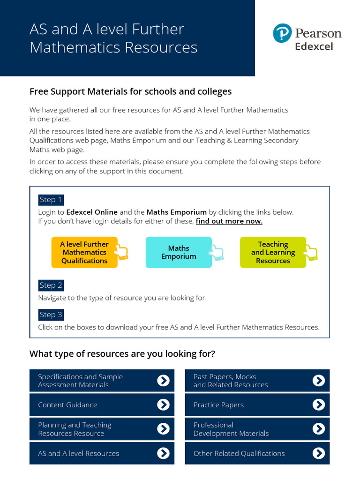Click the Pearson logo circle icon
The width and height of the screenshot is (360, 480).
point(283,34)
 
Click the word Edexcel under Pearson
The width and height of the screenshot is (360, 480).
point(314,46)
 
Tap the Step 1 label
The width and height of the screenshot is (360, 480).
point(51,200)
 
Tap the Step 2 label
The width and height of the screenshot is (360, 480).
point(51,285)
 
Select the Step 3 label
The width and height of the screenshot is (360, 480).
point(51,315)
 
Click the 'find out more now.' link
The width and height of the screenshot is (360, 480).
point(229,221)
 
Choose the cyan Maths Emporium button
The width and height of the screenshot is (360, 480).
point(178,252)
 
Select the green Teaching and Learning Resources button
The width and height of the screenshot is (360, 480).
point(273,252)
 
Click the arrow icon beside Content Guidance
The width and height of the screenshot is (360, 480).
point(163,405)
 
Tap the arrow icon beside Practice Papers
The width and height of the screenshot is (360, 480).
point(318,405)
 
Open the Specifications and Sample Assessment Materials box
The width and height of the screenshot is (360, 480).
point(102,381)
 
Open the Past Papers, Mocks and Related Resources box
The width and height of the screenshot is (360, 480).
point(257,381)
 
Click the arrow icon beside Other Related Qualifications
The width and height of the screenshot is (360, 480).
point(318,453)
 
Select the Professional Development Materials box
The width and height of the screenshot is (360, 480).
point(257,429)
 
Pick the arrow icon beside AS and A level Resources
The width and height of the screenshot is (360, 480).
point(163,453)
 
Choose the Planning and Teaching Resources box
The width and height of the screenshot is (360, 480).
point(102,429)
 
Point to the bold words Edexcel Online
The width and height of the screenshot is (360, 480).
point(92,212)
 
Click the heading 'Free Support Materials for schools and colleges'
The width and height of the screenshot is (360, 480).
point(130,91)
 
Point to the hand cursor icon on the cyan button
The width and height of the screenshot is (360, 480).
point(217,252)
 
